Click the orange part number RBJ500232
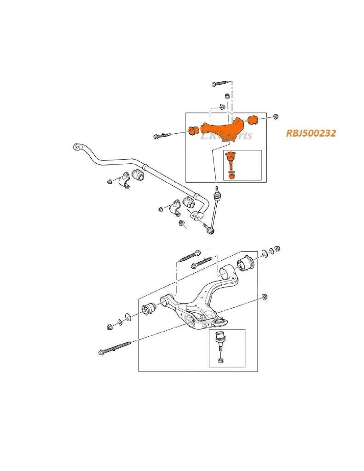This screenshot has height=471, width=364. [x=311, y=133]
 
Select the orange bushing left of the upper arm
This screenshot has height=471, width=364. [x=193, y=130]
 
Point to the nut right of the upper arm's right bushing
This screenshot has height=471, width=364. [x=275, y=117]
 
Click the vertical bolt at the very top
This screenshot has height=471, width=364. [x=220, y=84]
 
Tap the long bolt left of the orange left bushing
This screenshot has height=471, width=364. [x=161, y=135]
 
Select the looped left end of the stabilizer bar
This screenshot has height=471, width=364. [x=77, y=147]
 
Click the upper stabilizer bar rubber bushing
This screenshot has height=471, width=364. [x=137, y=175]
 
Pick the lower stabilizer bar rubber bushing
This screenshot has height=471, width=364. [x=188, y=201]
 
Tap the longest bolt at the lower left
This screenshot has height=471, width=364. [x=115, y=348]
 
